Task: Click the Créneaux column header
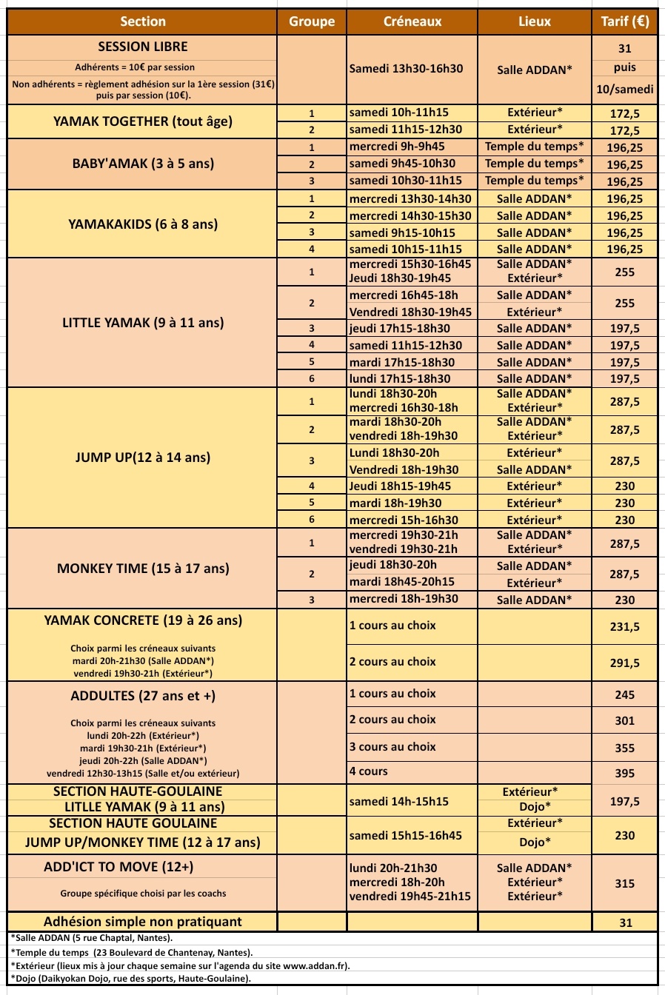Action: pyautogui.click(x=412, y=21)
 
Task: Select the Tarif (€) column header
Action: pyautogui.click(x=624, y=21)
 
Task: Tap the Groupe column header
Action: pyautogui.click(x=312, y=21)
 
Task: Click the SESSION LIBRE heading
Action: pyautogui.click(x=143, y=47)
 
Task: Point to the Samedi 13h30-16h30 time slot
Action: pyautogui.click(x=406, y=69)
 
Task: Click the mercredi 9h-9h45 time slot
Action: pyautogui.click(x=397, y=147)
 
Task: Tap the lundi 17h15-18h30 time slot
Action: pyautogui.click(x=400, y=378)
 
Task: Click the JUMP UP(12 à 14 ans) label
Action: pyautogui.click(x=143, y=458)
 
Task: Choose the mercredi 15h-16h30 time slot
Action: pyautogui.click(x=404, y=520)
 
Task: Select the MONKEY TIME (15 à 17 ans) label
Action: pyautogui.click(x=143, y=569)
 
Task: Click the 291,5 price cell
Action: pyautogui.click(x=624, y=663)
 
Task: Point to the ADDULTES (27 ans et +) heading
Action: pyautogui.click(x=143, y=696)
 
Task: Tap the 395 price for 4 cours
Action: pyautogui.click(x=624, y=773)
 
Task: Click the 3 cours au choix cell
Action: pyautogui.click(x=392, y=746)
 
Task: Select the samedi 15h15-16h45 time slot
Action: pyautogui.click(x=405, y=835)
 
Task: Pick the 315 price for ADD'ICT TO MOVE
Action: pyautogui.click(x=624, y=883)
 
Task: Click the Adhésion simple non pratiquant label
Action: pyautogui.click(x=143, y=922)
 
